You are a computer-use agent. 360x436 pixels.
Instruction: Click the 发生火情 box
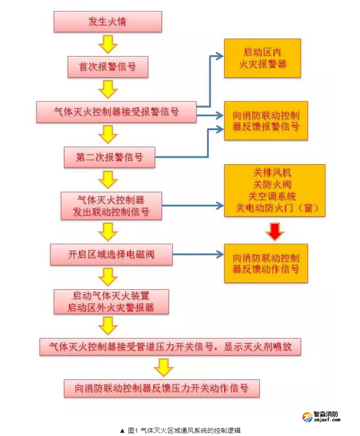(108, 22)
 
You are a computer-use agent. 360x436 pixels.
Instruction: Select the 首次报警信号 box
(108, 67)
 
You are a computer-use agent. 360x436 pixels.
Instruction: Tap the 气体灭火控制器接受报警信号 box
(116, 112)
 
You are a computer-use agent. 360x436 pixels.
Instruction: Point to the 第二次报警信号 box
(109, 157)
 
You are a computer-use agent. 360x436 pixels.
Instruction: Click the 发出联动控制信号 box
(111, 206)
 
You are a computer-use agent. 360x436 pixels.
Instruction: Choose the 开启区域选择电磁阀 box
(111, 254)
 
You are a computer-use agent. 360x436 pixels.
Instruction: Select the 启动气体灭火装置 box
(111, 302)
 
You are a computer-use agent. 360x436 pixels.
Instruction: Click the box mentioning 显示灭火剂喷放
(170, 346)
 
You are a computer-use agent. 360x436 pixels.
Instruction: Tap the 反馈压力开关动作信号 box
(162, 388)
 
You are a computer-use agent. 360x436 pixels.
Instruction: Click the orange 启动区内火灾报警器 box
(262, 58)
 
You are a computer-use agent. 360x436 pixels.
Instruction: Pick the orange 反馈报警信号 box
(266, 120)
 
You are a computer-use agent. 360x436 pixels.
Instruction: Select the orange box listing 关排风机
(274, 190)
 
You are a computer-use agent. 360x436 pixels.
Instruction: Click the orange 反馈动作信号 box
(266, 263)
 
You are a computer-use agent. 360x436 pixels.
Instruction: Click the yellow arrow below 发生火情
(108, 44)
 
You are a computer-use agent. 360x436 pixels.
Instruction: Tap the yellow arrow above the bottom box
(163, 367)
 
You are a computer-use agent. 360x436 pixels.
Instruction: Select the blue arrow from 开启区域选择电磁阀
(198, 254)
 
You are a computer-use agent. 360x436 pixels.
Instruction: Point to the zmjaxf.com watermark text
(326, 419)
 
